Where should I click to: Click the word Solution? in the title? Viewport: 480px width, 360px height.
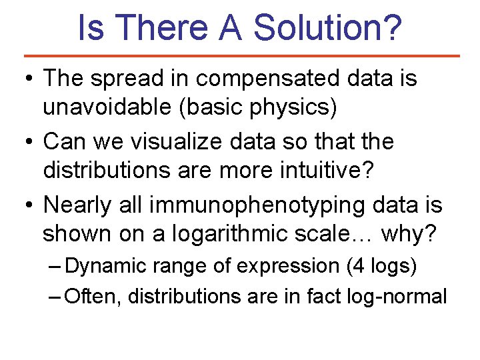(328, 27)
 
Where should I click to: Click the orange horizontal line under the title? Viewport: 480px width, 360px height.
(241, 56)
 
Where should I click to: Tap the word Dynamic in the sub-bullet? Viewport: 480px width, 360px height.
(106, 266)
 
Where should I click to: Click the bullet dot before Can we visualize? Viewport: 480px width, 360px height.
(29, 142)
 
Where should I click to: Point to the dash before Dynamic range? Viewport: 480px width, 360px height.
(55, 266)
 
